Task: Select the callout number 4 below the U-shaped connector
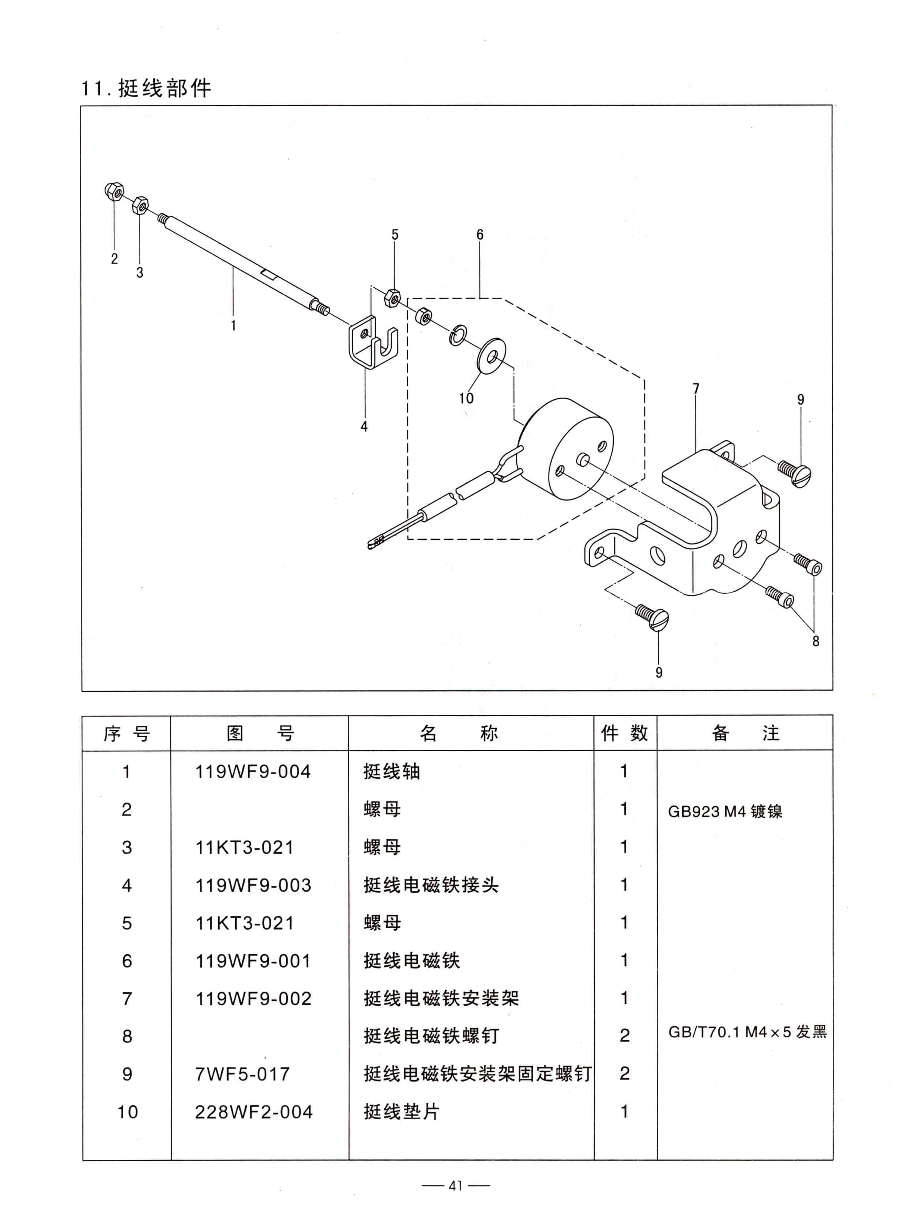click(x=364, y=426)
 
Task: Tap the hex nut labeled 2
click(x=114, y=191)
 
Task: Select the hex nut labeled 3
click(x=140, y=206)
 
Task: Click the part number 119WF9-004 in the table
click(x=253, y=772)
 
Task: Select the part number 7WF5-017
click(x=242, y=1074)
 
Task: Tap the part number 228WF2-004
click(x=254, y=1112)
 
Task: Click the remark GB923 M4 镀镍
click(x=725, y=811)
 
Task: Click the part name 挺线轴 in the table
click(x=391, y=772)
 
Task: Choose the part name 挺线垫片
click(x=401, y=1112)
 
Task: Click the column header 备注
click(x=745, y=733)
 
